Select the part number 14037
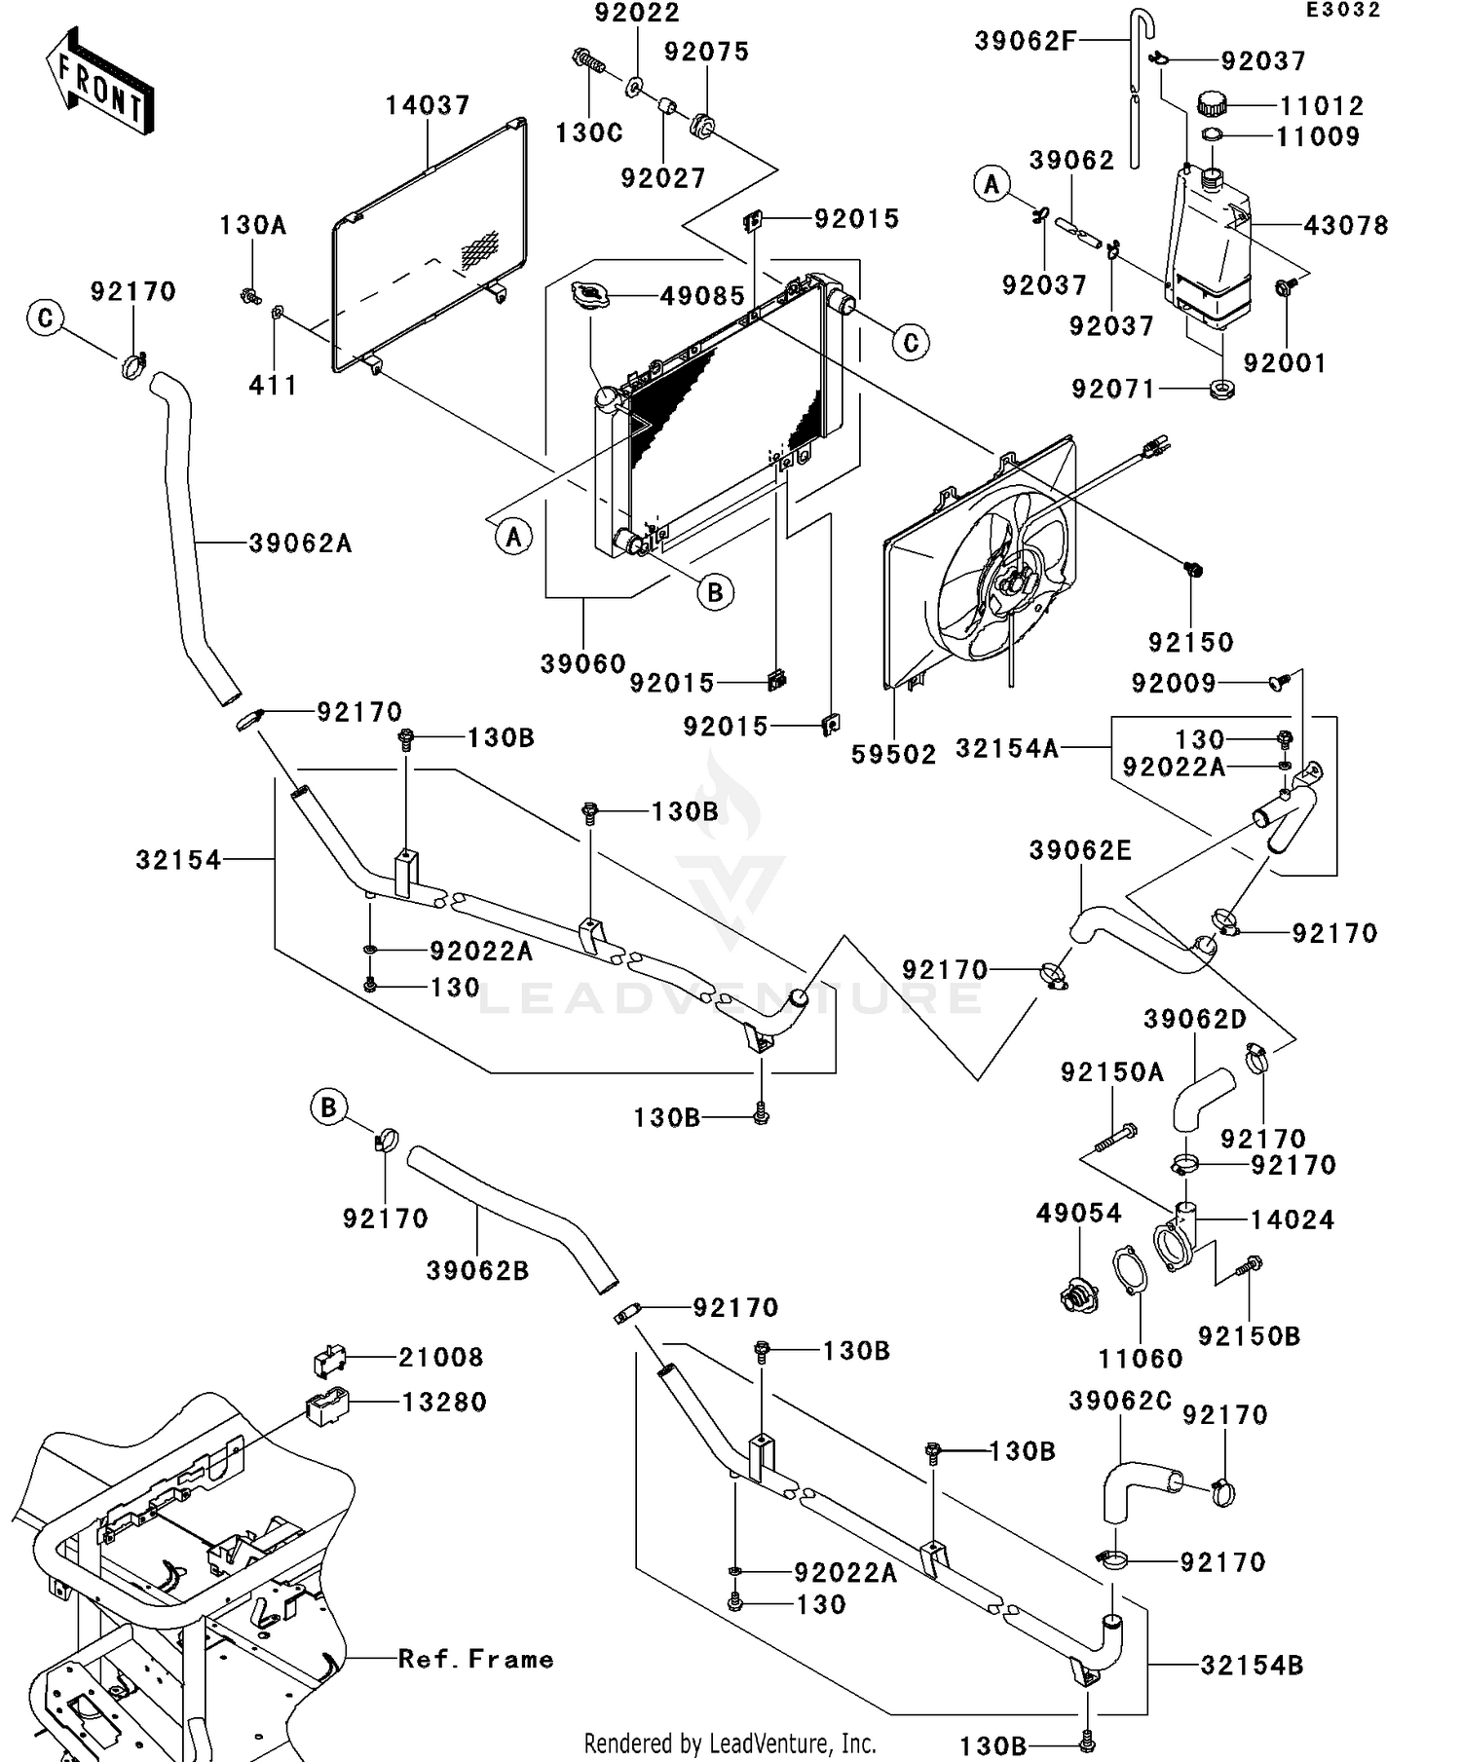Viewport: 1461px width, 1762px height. pos(428,105)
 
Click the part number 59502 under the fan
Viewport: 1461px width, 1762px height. pos(893,755)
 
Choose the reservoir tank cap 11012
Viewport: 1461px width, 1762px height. pos(1213,102)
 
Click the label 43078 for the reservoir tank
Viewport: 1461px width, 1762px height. pos(1346,226)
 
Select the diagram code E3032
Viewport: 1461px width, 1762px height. pos(1343,11)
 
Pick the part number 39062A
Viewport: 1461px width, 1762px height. pos(300,544)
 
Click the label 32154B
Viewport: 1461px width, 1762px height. pos(1252,1666)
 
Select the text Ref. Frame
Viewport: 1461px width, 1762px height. pos(475,1660)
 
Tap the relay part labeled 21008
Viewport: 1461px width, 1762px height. pos(328,1361)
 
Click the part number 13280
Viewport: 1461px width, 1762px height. pos(444,1403)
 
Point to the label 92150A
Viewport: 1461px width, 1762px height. pos(1112,1073)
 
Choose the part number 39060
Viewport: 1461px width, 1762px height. pos(582,664)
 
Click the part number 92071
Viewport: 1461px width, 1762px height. pos(1113,390)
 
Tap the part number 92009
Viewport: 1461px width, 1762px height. pos(1174,684)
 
